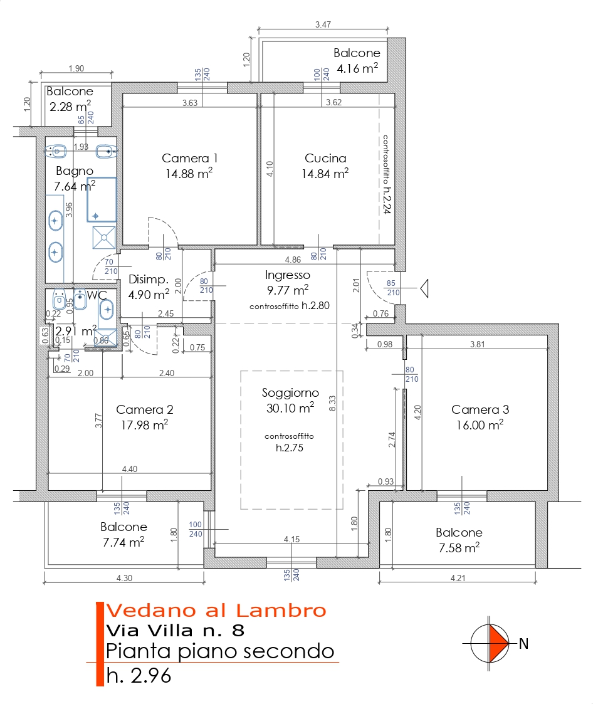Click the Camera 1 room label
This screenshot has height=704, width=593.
click(189, 158)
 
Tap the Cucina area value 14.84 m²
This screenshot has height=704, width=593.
click(325, 173)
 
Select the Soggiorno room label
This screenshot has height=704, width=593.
click(290, 393)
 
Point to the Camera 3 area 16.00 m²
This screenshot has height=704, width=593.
click(480, 425)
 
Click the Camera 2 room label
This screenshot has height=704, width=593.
click(145, 409)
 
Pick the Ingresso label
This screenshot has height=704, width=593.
click(287, 275)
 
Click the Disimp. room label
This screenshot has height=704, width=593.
click(149, 279)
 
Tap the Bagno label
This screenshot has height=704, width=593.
click(75, 171)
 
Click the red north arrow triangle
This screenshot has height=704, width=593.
click(498, 643)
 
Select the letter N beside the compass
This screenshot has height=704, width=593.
click(523, 644)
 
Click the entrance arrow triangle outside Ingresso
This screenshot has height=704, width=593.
click(424, 288)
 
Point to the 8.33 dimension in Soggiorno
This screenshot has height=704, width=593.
click(332, 403)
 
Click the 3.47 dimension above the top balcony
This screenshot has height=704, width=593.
click(323, 24)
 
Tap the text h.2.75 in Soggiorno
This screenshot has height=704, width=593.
click(290, 448)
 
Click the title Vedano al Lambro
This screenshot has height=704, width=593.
click(216, 611)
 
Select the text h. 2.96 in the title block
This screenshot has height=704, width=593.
click(139, 675)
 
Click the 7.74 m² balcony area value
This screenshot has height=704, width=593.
click(123, 542)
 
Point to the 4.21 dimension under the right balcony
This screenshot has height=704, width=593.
click(458, 578)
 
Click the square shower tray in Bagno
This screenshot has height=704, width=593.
click(104, 238)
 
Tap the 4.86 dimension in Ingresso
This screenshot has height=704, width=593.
click(293, 260)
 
